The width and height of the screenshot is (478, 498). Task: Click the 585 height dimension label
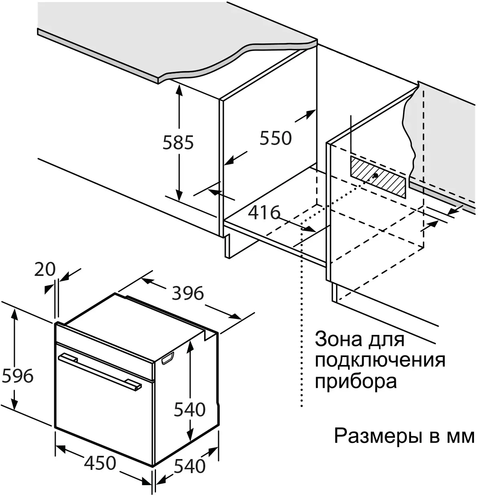tap(178, 143)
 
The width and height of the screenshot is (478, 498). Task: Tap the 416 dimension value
tap(264, 212)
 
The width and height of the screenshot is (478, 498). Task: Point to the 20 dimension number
tap(45, 269)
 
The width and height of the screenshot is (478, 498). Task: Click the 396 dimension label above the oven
tap(188, 293)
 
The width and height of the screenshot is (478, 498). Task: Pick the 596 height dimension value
tap(17, 376)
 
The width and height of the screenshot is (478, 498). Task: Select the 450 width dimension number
tap(100, 463)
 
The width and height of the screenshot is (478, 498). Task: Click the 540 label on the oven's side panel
tap(190, 410)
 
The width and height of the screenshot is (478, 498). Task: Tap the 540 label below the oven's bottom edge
tap(190, 466)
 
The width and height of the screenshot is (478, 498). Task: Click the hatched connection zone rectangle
tap(378, 178)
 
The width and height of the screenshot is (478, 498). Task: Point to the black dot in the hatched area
tap(376, 176)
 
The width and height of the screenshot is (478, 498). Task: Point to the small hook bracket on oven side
tap(168, 358)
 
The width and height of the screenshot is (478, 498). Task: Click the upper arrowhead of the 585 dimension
tap(179, 90)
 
